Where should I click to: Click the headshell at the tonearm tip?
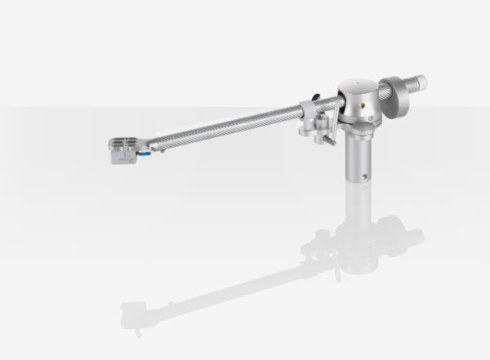point(124,150)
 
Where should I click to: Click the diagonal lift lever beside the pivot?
point(327,131)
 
